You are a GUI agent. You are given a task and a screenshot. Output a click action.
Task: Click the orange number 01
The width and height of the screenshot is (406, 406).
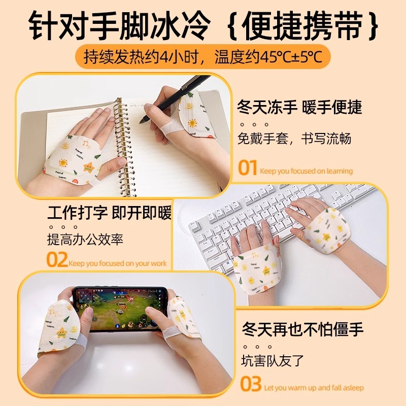[248, 168]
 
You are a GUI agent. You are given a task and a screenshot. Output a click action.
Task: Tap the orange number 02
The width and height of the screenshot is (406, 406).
[57, 260]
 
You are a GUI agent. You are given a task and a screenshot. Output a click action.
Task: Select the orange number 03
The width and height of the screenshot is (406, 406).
[251, 384]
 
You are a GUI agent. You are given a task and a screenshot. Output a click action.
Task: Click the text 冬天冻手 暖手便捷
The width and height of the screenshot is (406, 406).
[299, 108]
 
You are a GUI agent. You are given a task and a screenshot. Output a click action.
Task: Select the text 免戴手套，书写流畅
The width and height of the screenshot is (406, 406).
[294, 138]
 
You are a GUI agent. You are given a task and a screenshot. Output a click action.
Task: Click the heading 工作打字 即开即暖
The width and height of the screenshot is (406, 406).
[110, 213]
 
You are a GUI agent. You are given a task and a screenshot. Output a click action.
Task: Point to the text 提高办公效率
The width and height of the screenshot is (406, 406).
[86, 240]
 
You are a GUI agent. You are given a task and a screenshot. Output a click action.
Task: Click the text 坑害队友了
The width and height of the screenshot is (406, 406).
[273, 361]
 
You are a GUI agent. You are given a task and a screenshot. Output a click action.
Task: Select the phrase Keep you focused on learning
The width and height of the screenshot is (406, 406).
[306, 171]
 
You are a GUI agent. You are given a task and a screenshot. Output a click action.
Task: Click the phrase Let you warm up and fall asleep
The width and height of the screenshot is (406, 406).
[314, 388]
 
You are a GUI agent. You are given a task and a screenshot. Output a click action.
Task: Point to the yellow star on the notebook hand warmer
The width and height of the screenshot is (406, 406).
[88, 167]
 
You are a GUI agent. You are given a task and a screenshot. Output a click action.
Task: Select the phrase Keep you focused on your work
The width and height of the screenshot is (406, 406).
[117, 263]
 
